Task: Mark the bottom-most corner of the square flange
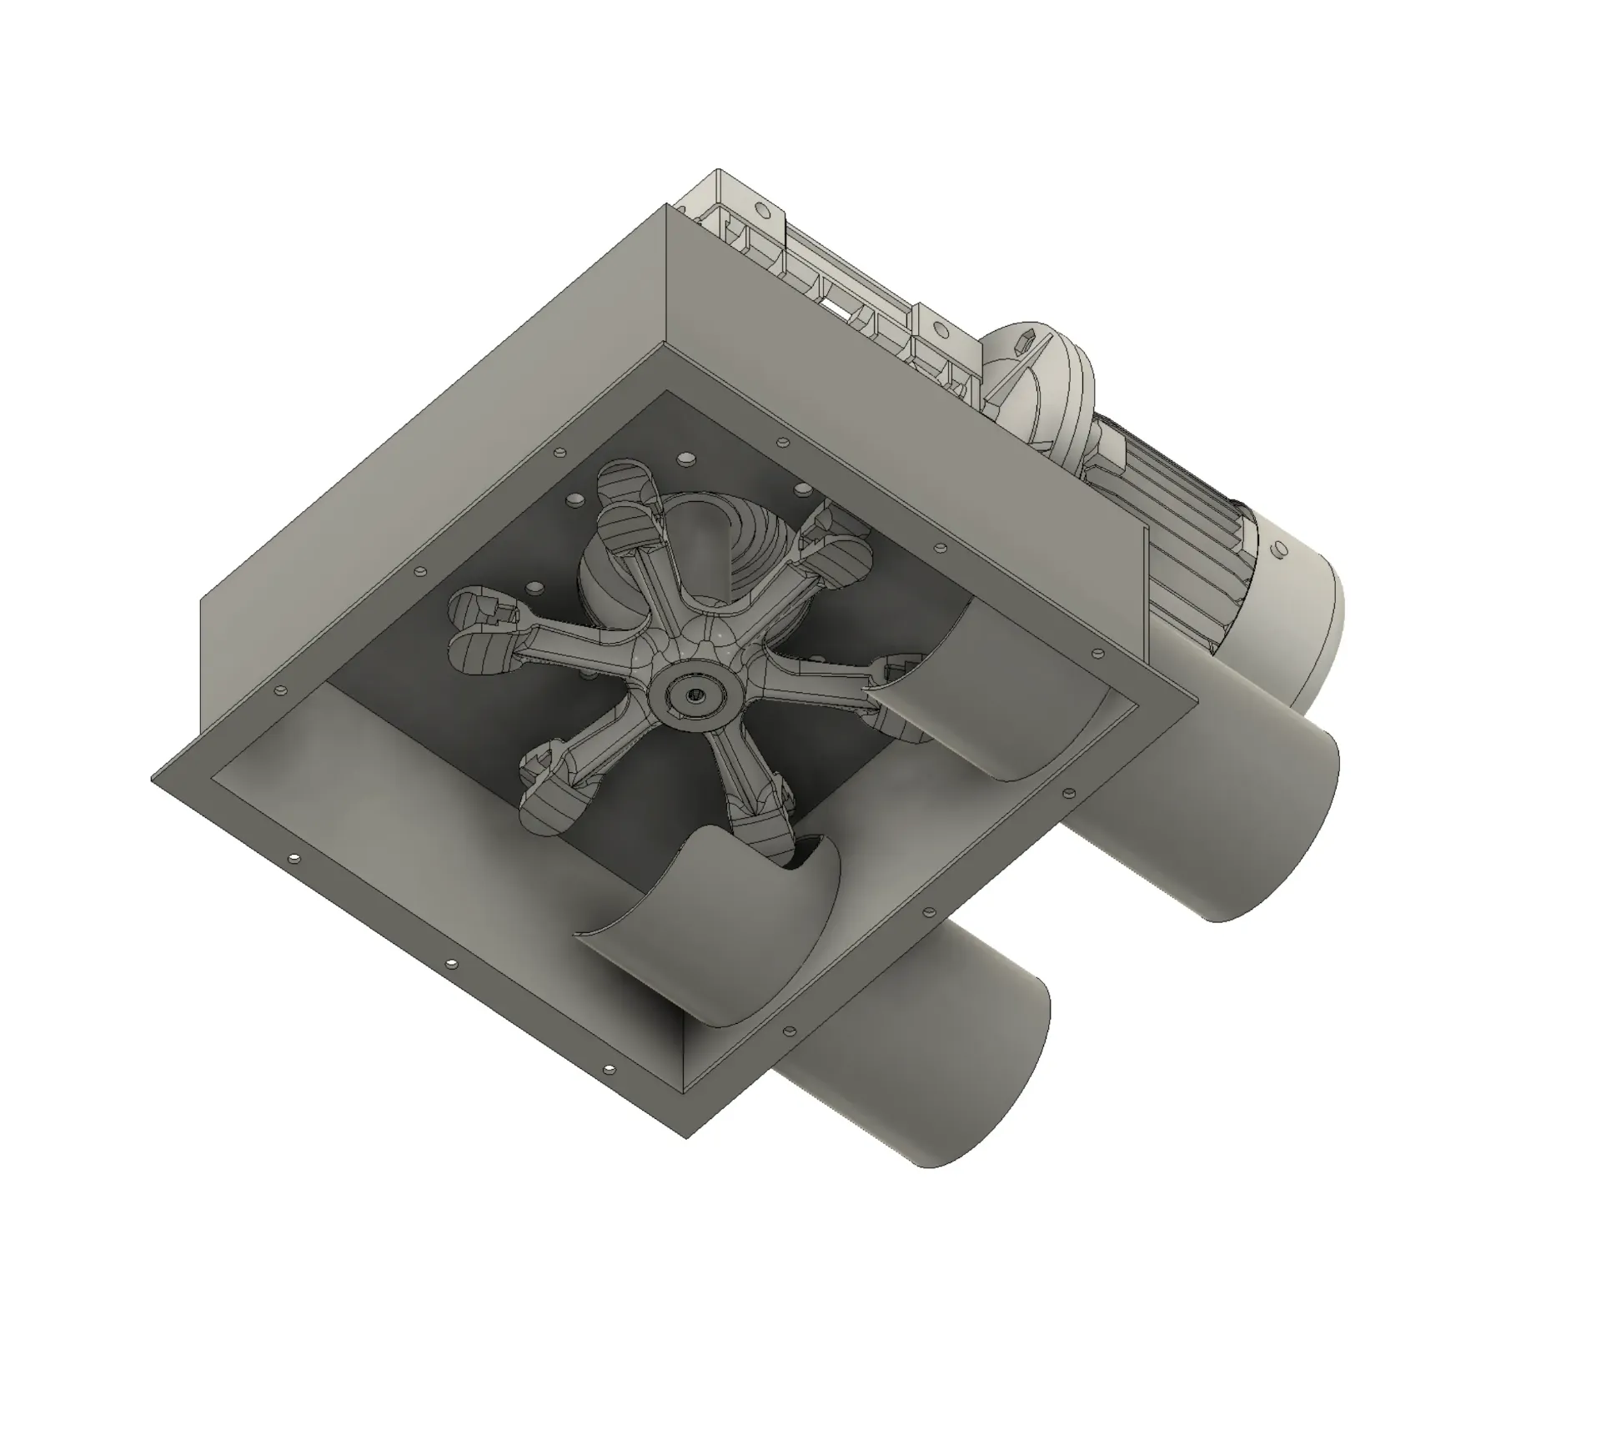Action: pos(685,1136)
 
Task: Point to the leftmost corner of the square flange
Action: pos(152,781)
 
